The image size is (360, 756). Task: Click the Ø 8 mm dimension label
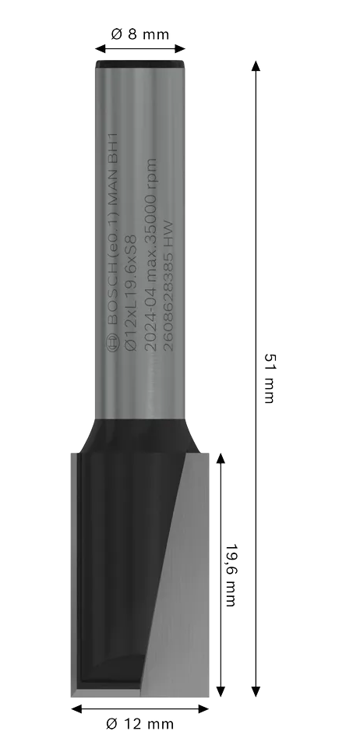pyautogui.click(x=139, y=34)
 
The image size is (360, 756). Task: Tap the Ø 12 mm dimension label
pyautogui.click(x=139, y=724)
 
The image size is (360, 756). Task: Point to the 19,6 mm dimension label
pyautogui.click(x=231, y=575)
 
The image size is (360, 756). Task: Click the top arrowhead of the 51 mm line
pyautogui.click(x=256, y=66)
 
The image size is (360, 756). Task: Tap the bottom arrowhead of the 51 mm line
pyautogui.click(x=256, y=691)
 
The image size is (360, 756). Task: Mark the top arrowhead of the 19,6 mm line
pyautogui.click(x=221, y=458)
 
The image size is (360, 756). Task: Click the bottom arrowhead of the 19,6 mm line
pyautogui.click(x=221, y=691)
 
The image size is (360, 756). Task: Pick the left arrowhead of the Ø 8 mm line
pyautogui.click(x=101, y=48)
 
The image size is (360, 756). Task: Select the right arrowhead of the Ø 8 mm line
pyautogui.click(x=180, y=48)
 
